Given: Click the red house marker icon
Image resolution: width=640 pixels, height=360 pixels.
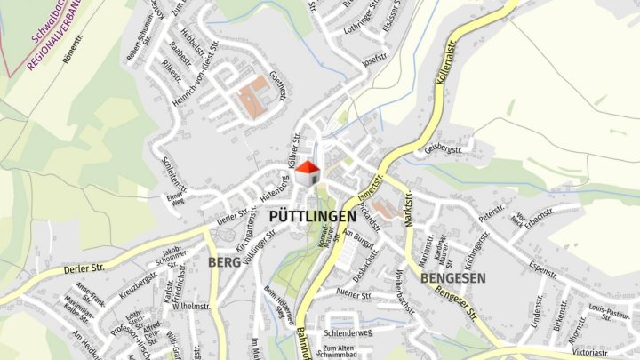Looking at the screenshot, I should tap(308, 172).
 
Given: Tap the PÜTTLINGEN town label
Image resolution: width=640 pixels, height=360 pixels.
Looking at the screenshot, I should tap(310, 216).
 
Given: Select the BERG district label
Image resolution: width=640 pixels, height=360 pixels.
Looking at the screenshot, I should tap(225, 262).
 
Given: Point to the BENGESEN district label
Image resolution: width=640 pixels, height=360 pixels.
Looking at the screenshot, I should tap(452, 277).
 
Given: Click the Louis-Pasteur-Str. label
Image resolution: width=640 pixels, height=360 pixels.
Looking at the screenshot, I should tap(609, 313).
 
